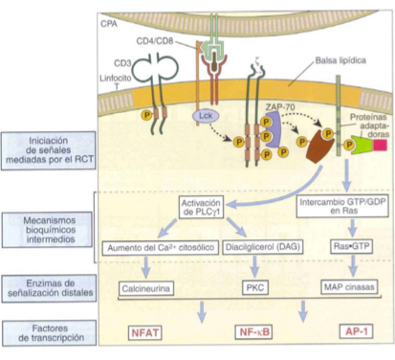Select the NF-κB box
tap(253, 333)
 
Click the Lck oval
tap(199, 115)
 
